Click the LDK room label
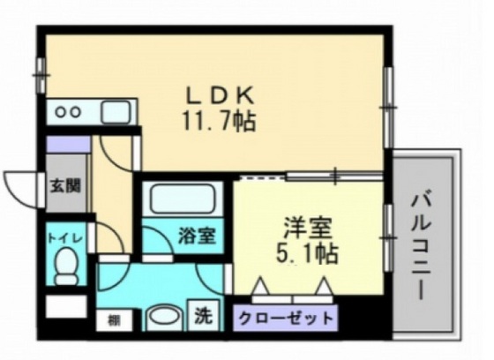tap(221, 94)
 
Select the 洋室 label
tap(308, 228)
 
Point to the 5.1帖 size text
tap(308, 254)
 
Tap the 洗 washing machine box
tap(202, 314)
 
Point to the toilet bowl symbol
tap(66, 266)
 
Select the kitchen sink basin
tap(115, 112)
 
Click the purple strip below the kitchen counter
tap(67, 142)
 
